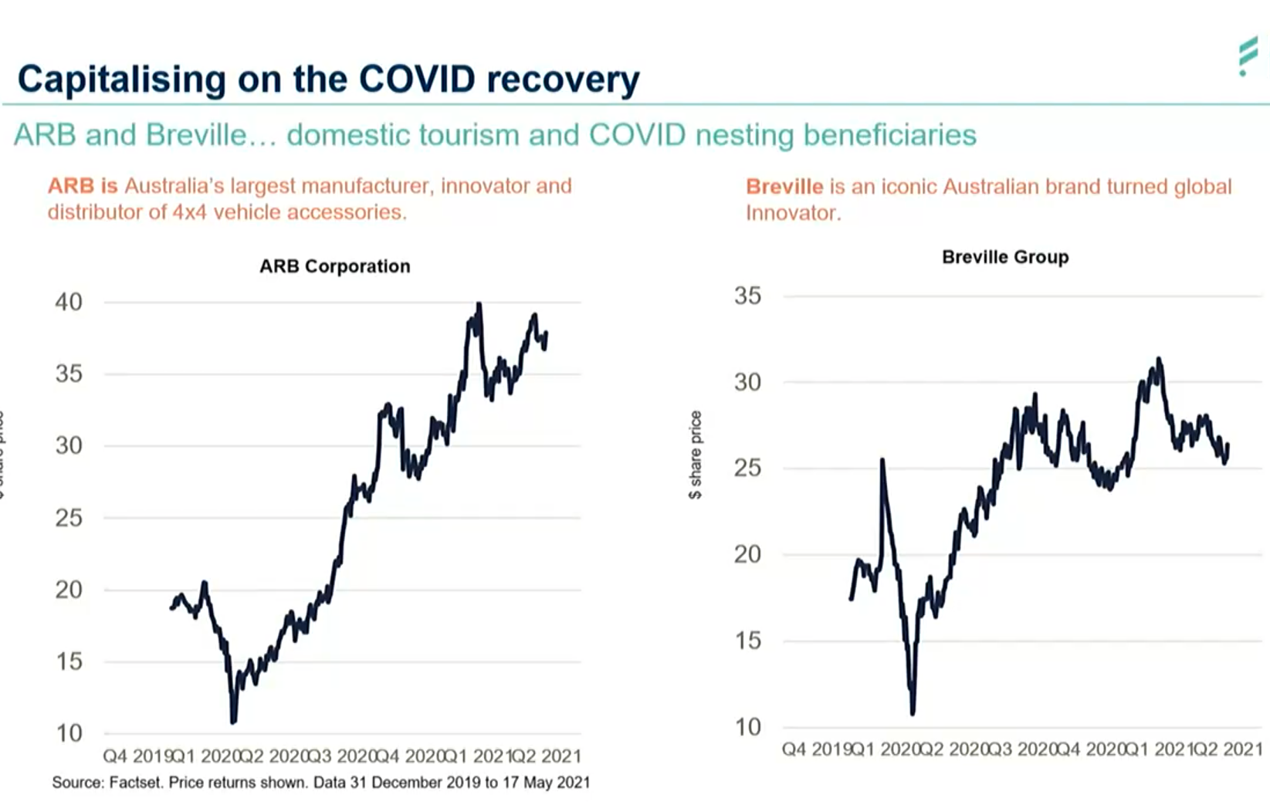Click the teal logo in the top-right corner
[1248, 56]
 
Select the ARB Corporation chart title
[334, 266]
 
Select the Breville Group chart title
[1005, 257]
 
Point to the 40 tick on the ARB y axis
[68, 302]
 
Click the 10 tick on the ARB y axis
[68, 732]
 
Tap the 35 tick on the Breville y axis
[747, 296]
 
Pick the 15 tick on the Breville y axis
[747, 641]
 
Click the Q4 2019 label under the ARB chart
[137, 756]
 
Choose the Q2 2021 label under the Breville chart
[1227, 749]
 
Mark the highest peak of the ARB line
[479, 305]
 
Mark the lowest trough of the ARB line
[234, 721]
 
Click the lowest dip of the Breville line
[913, 712]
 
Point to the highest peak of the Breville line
[1158, 359]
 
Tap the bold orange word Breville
[784, 187]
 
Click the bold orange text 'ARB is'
[83, 186]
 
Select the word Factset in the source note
[135, 783]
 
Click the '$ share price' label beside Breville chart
[695, 455]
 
